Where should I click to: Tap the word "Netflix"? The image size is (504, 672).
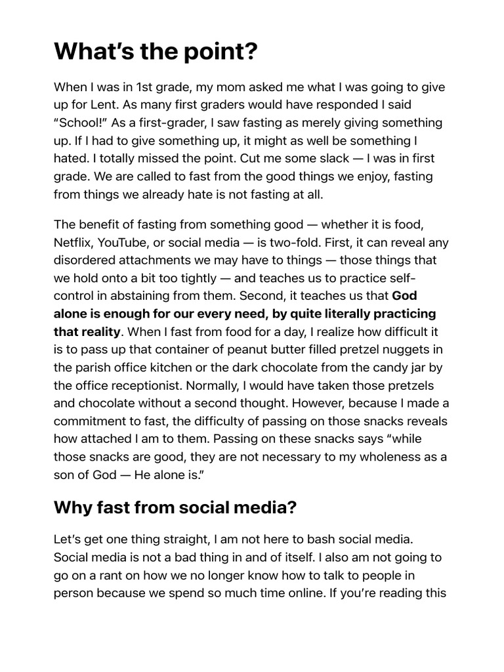click(73, 242)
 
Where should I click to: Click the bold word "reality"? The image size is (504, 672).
click(98, 331)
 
